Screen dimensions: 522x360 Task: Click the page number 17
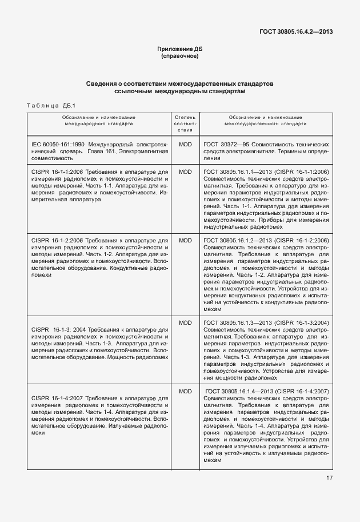(x=330, y=478)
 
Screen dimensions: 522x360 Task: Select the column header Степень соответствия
(x=185, y=123)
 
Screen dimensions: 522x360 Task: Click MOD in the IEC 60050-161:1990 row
(x=185, y=145)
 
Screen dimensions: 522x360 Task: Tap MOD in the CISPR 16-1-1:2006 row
(x=185, y=172)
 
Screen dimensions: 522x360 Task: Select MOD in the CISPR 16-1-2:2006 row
(x=185, y=240)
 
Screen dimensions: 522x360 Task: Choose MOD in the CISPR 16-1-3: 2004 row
(x=185, y=323)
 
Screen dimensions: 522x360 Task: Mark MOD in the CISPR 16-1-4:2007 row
(x=185, y=391)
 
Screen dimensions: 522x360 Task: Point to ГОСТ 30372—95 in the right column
(x=226, y=145)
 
